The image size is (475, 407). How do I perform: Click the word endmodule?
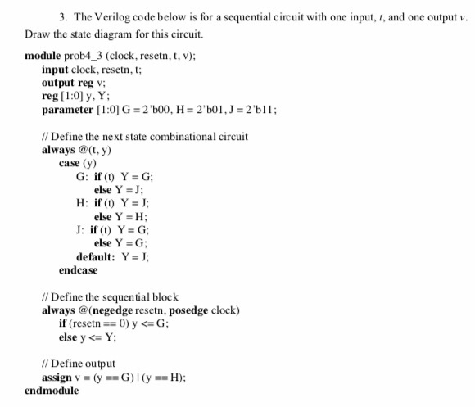tap(52, 391)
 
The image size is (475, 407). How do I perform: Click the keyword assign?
tap(59, 377)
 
